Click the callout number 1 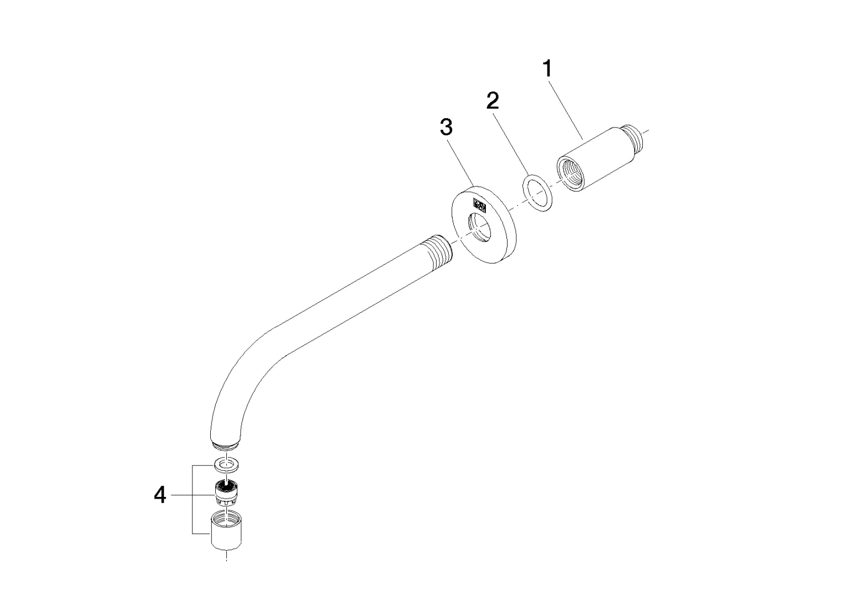point(547,69)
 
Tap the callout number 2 point(493,100)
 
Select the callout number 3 point(446,126)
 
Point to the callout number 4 point(160,495)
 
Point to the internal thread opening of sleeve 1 point(570,175)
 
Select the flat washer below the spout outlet point(226,465)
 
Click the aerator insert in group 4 point(226,492)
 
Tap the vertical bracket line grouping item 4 point(192,500)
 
